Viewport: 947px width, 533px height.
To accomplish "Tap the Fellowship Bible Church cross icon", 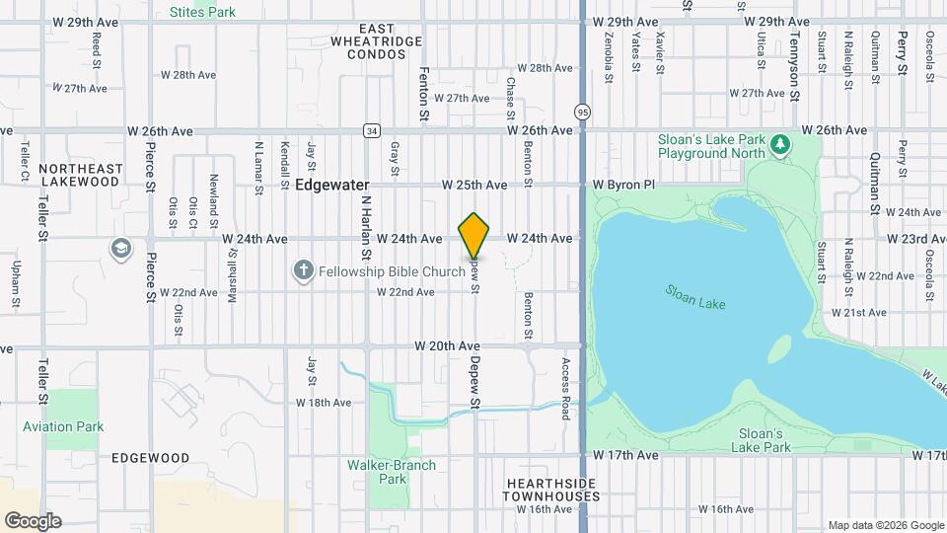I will click(303, 270).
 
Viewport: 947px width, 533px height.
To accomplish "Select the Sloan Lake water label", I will click(694, 297).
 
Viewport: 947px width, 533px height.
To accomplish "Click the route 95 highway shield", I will click(583, 112).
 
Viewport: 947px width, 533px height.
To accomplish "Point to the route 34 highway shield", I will click(371, 130).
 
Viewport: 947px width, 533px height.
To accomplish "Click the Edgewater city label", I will click(331, 185).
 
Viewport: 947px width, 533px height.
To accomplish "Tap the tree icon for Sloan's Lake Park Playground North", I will click(780, 146).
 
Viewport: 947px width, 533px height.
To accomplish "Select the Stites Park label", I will click(202, 13).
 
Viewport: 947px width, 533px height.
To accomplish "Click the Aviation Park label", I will click(63, 427).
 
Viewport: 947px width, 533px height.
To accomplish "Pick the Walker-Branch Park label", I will click(377, 472).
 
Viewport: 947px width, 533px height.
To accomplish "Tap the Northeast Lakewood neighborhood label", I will click(81, 175).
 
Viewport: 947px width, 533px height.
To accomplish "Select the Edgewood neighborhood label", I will click(150, 458).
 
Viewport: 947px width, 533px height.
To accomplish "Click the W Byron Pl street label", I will click(623, 185).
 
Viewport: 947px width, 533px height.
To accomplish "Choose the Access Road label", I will click(566, 388).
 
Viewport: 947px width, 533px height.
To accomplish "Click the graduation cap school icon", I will click(121, 247).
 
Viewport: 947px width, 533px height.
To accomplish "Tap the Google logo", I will click(33, 520).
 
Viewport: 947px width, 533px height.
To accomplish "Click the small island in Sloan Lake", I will click(779, 348).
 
